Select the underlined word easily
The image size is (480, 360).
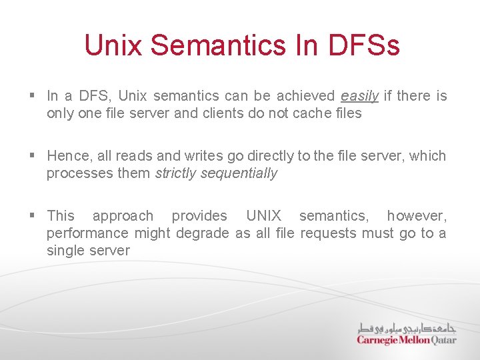[x=359, y=96]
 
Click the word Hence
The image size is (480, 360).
[x=69, y=156]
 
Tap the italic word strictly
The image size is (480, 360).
[x=175, y=173]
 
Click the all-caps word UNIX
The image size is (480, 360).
[x=263, y=216]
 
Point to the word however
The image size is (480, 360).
[x=417, y=216]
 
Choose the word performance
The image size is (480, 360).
[x=88, y=233]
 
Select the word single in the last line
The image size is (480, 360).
[x=65, y=251]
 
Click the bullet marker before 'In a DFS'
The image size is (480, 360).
[x=33, y=97]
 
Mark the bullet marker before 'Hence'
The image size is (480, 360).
[x=33, y=157]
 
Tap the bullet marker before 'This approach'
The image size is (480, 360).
[x=33, y=217]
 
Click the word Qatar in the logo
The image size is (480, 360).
[x=443, y=340]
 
